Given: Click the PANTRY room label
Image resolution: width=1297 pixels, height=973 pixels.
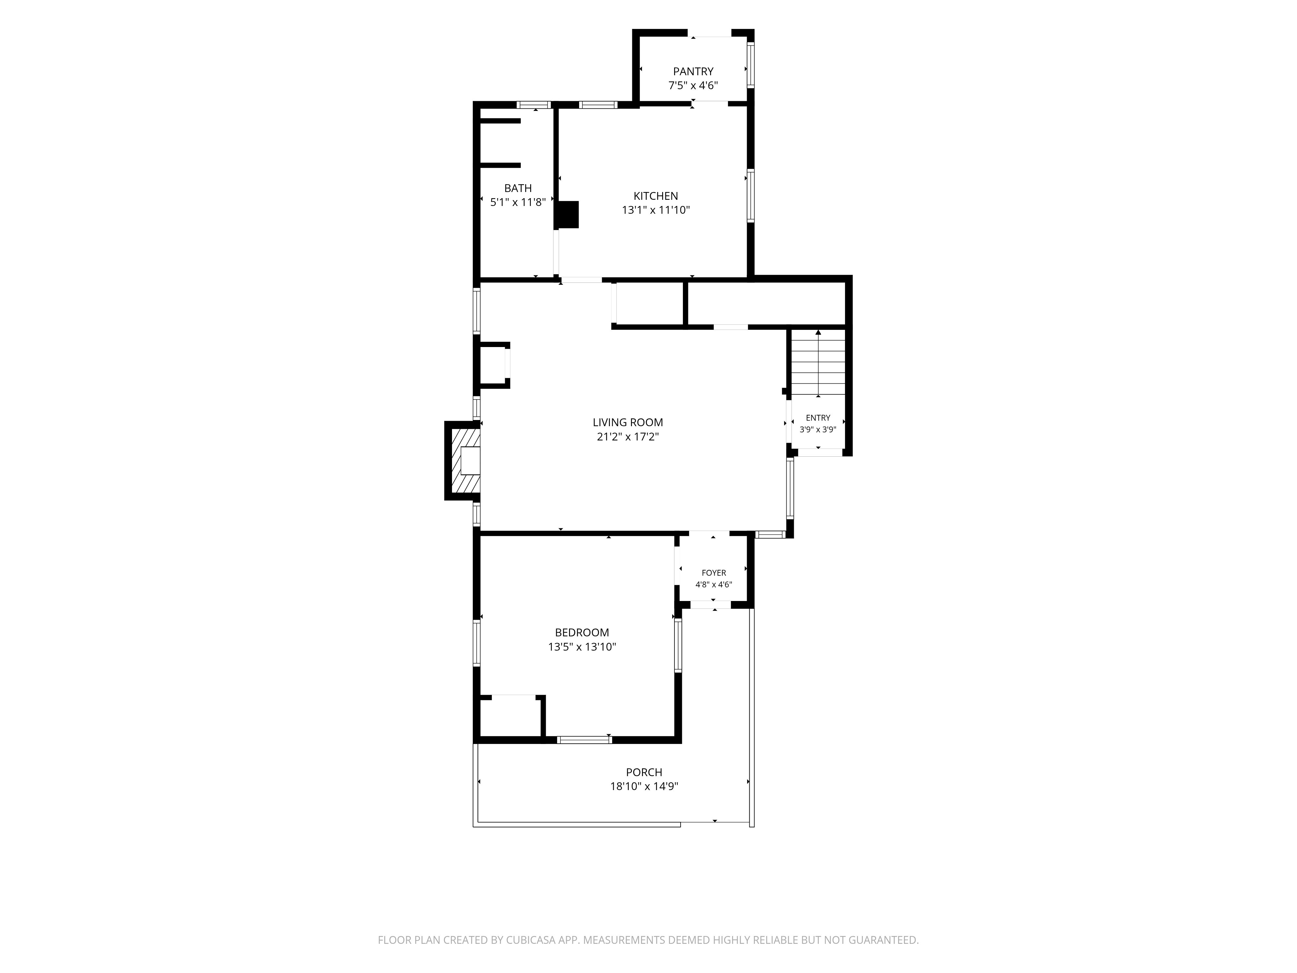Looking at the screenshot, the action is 693,72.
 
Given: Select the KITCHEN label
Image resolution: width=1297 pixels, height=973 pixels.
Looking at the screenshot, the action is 656,196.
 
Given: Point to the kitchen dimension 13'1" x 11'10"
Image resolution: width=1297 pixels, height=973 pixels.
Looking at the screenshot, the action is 656,210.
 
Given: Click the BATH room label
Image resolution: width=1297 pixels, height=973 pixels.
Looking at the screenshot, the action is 518,188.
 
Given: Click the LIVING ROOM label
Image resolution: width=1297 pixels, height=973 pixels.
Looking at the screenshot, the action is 627,422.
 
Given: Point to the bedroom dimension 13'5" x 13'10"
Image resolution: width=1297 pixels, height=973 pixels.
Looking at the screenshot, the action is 582,647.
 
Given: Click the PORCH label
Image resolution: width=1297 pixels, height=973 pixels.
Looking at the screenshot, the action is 644,773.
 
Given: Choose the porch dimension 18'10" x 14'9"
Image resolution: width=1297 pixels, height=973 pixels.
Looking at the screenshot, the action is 644,787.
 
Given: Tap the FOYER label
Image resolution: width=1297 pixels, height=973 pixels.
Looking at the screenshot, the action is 714,573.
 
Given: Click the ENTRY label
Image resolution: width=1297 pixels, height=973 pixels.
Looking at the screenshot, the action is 818,418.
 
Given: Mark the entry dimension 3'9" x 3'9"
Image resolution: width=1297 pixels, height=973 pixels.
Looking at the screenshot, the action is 818,430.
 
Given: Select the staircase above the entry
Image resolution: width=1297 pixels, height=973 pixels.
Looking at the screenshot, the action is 818,363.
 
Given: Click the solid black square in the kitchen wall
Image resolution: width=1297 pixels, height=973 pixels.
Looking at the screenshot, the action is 567,215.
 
